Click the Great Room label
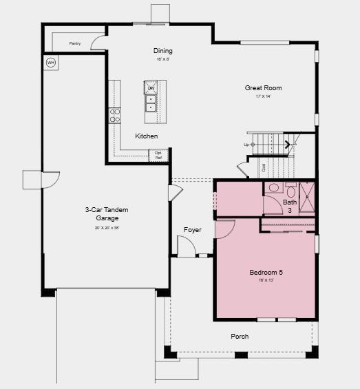[263, 88]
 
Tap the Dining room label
[163, 51]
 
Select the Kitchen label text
[146, 136]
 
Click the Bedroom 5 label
[266, 273]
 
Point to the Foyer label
[193, 230]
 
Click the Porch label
[240, 337]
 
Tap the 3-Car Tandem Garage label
[107, 214]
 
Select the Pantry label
[75, 43]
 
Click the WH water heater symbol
[50, 63]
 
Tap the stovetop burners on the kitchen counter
[115, 115]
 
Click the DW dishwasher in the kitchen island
[151, 88]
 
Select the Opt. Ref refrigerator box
[158, 155]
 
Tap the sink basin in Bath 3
[273, 187]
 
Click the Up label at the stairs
[246, 145]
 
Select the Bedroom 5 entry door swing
[225, 229]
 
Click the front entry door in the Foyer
[186, 246]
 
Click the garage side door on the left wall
[50, 180]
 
